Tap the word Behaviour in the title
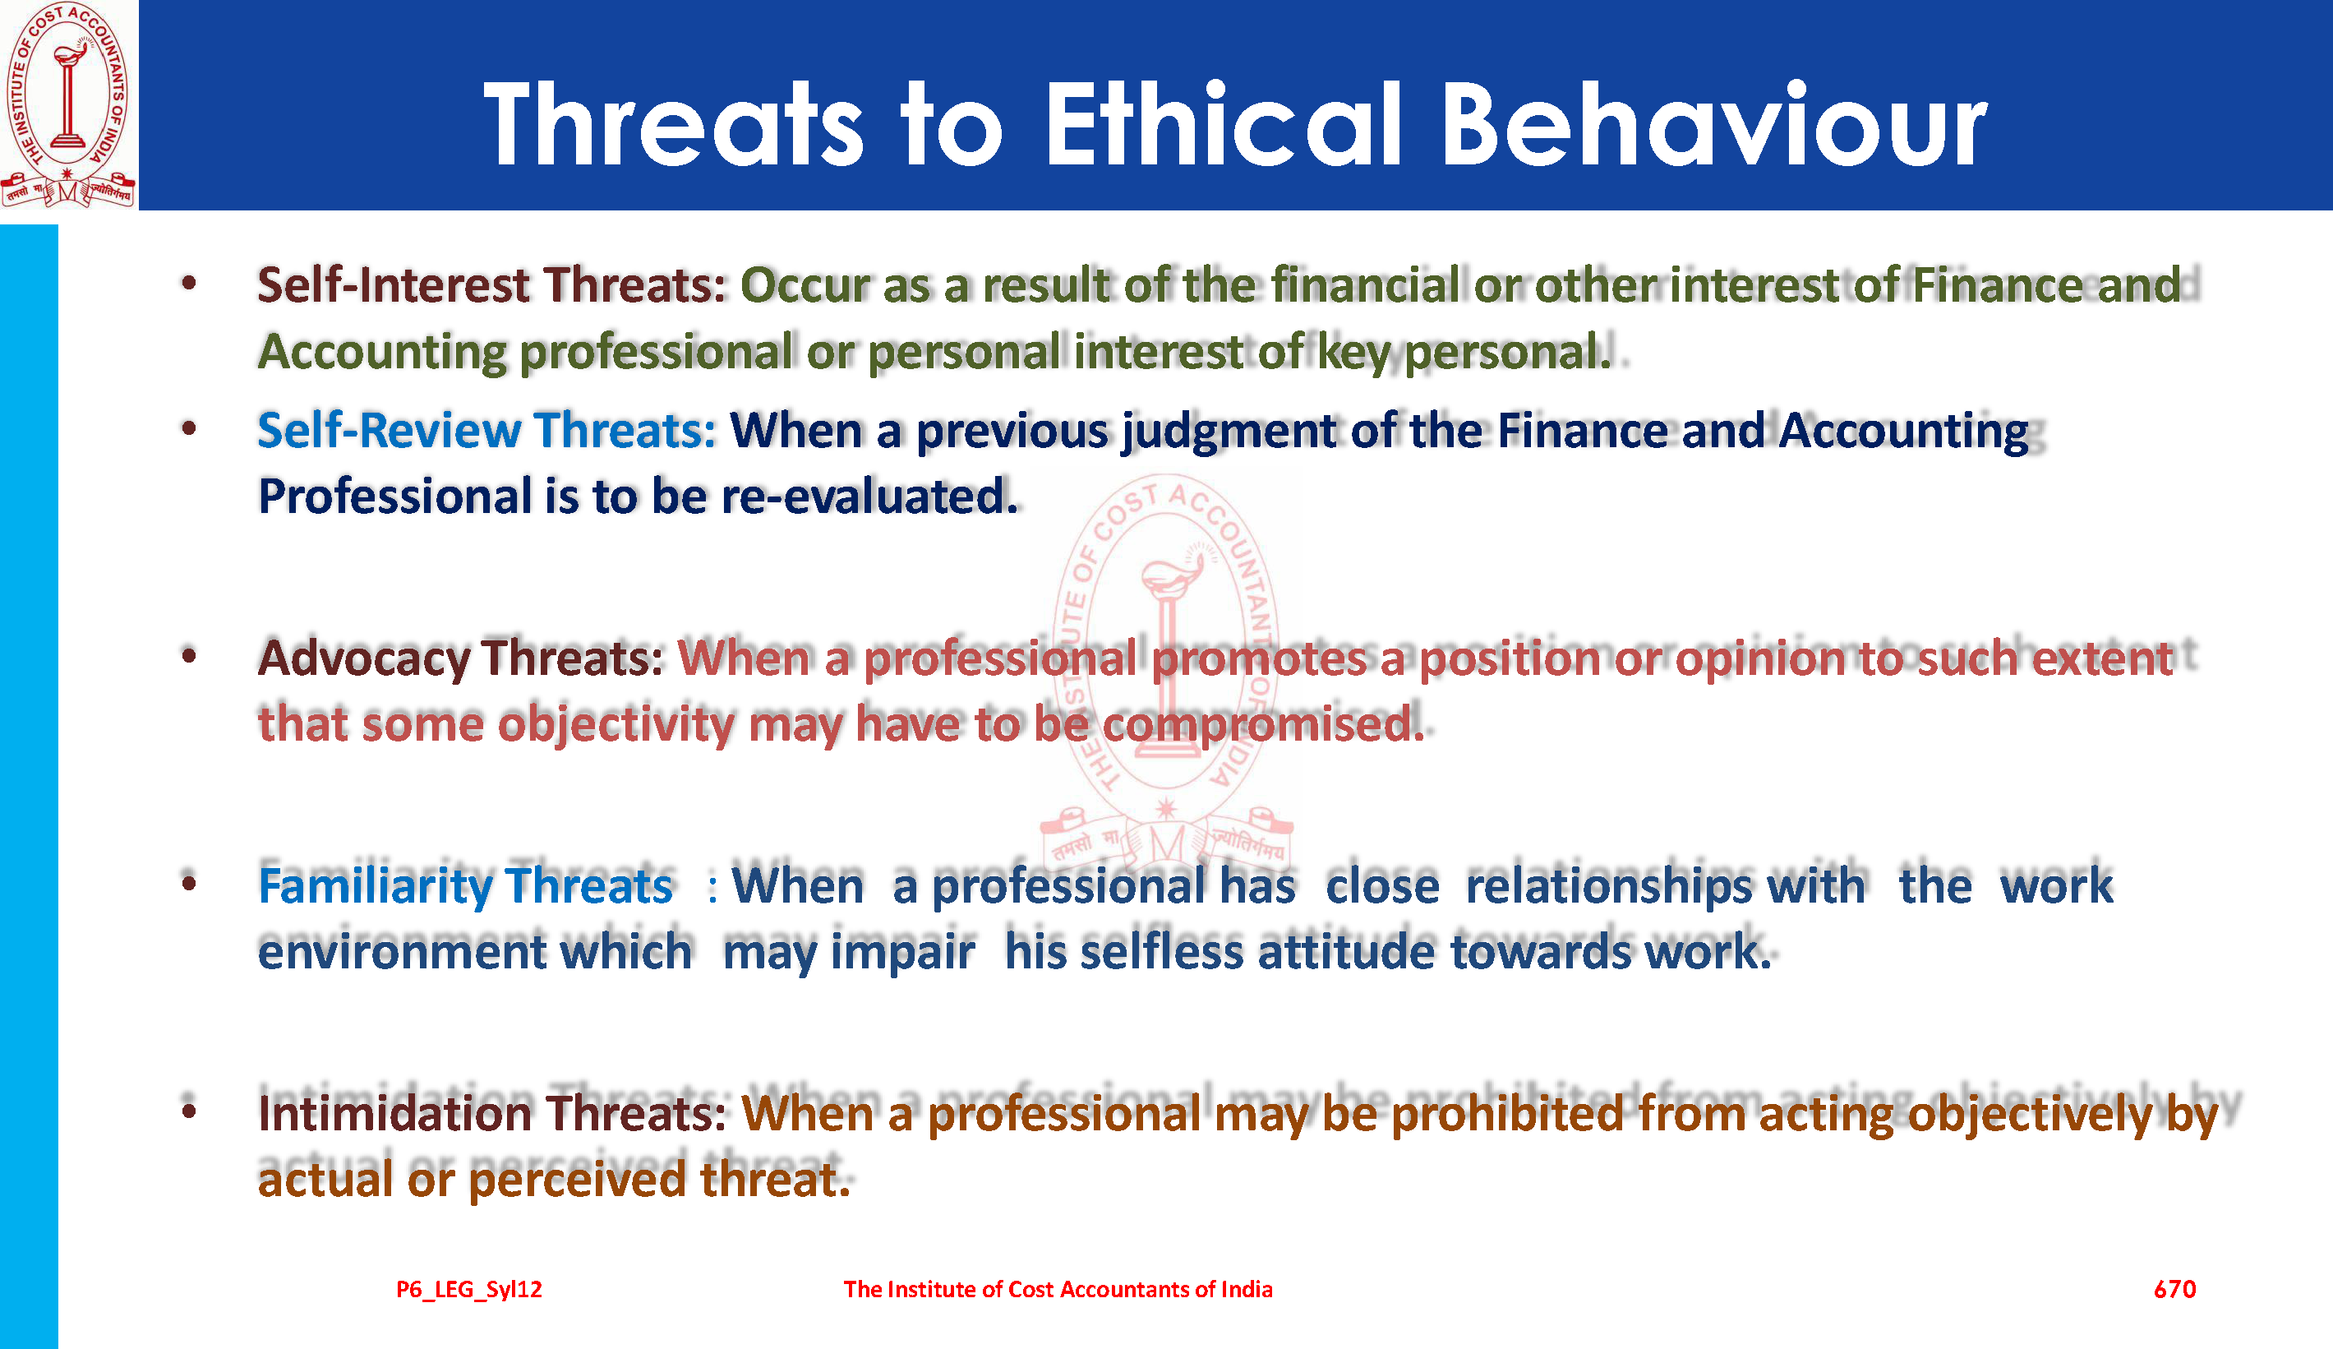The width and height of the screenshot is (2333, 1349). click(x=1713, y=123)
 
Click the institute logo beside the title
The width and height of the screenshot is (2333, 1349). click(x=68, y=104)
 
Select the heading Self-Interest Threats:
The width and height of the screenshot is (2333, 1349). click(x=491, y=284)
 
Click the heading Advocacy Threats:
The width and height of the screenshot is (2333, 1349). click(x=461, y=658)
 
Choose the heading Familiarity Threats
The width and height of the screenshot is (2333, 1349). click(x=466, y=886)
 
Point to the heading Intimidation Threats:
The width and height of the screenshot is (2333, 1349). click(x=492, y=1113)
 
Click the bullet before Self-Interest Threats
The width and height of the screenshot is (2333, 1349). click(x=190, y=284)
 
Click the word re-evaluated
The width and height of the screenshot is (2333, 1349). click(x=869, y=497)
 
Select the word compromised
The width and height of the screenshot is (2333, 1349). click(x=1264, y=724)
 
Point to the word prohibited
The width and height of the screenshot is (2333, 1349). click(x=1508, y=1113)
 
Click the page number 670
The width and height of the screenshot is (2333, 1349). click(x=2174, y=1289)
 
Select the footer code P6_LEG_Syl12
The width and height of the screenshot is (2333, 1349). click(x=469, y=1290)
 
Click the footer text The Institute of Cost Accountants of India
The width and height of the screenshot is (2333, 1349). click(x=1058, y=1289)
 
